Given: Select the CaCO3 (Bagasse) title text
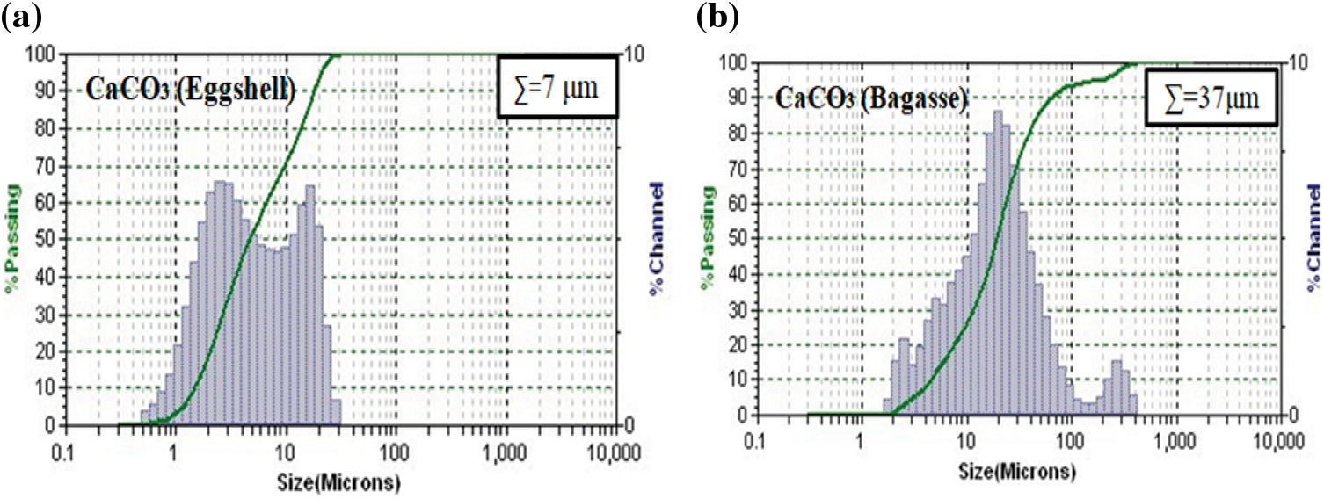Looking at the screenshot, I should [x=870, y=99].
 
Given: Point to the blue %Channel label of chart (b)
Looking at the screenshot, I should [x=1313, y=239].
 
